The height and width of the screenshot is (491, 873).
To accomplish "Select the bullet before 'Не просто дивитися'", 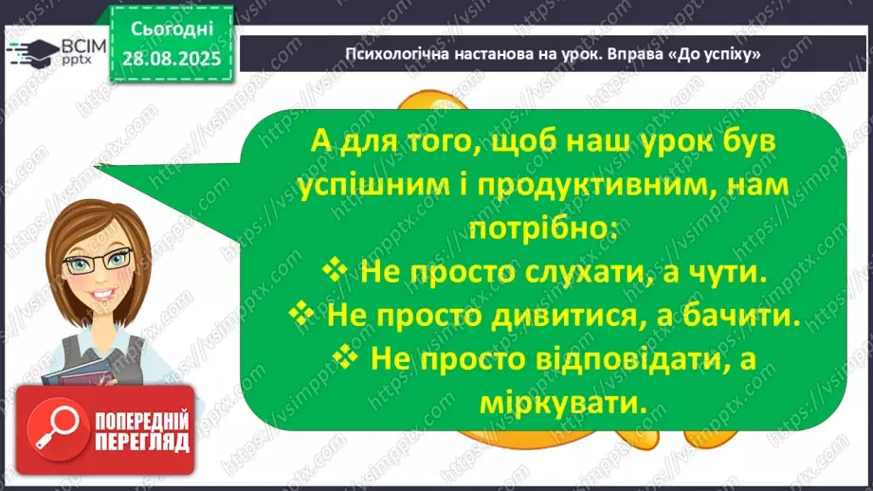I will [x=300, y=316].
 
